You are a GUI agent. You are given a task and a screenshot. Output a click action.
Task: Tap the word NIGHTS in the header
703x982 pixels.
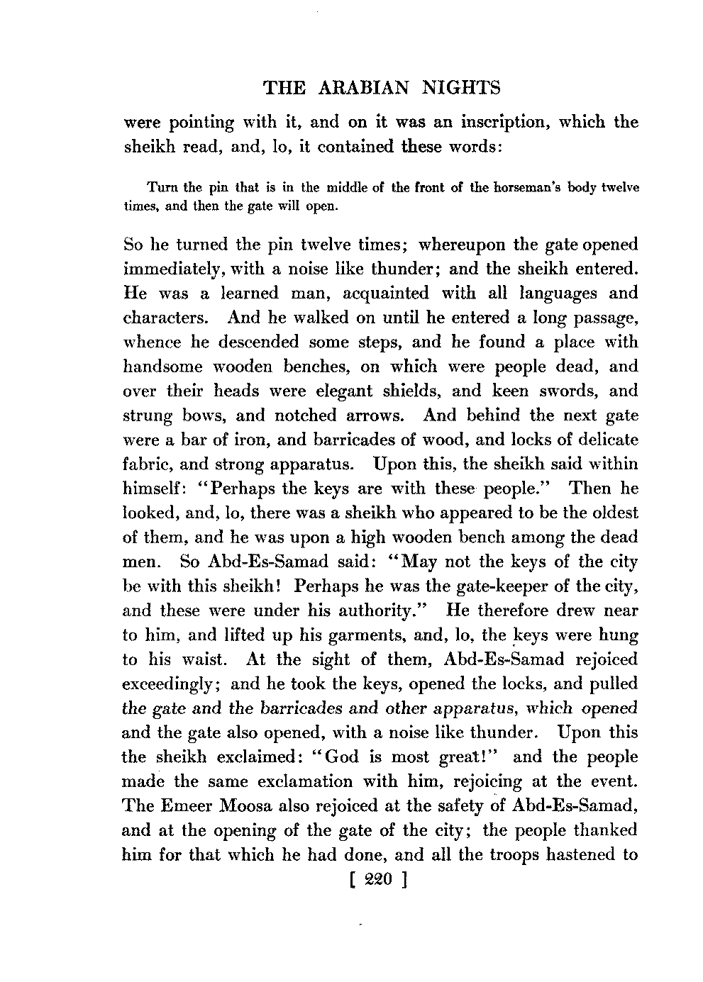(x=461, y=88)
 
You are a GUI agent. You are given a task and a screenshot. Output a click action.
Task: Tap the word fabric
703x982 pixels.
(x=146, y=464)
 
